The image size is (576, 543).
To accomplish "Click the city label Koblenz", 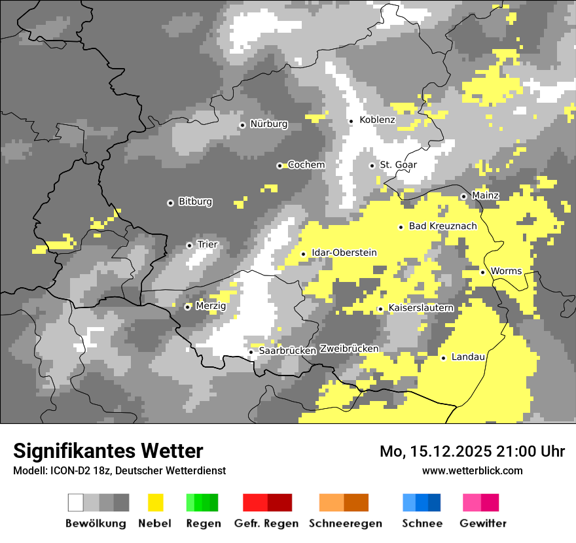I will (377, 120).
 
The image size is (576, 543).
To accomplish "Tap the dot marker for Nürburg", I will (242, 124).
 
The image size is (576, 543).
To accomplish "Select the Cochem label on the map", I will (306, 165).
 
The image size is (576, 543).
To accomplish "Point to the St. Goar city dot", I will (372, 166).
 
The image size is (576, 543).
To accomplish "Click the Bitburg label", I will (195, 201).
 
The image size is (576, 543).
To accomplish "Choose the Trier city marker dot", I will (189, 245).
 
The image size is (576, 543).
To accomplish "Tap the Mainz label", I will (485, 196).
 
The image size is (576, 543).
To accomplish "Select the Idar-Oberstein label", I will (344, 253).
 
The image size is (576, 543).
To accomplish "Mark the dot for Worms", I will (482, 272).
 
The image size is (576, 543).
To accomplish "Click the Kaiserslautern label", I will (421, 307).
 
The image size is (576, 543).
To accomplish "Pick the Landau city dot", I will (443, 358).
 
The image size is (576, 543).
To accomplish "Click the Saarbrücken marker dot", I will (251, 352).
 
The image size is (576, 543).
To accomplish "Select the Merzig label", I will (211, 306).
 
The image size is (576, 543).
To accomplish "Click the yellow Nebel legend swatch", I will (156, 502).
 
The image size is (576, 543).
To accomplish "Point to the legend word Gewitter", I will (482, 523).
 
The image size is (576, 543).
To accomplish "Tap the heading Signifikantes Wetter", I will (108, 451).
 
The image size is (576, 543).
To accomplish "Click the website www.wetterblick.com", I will (472, 470).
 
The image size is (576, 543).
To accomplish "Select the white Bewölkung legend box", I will (76, 502).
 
